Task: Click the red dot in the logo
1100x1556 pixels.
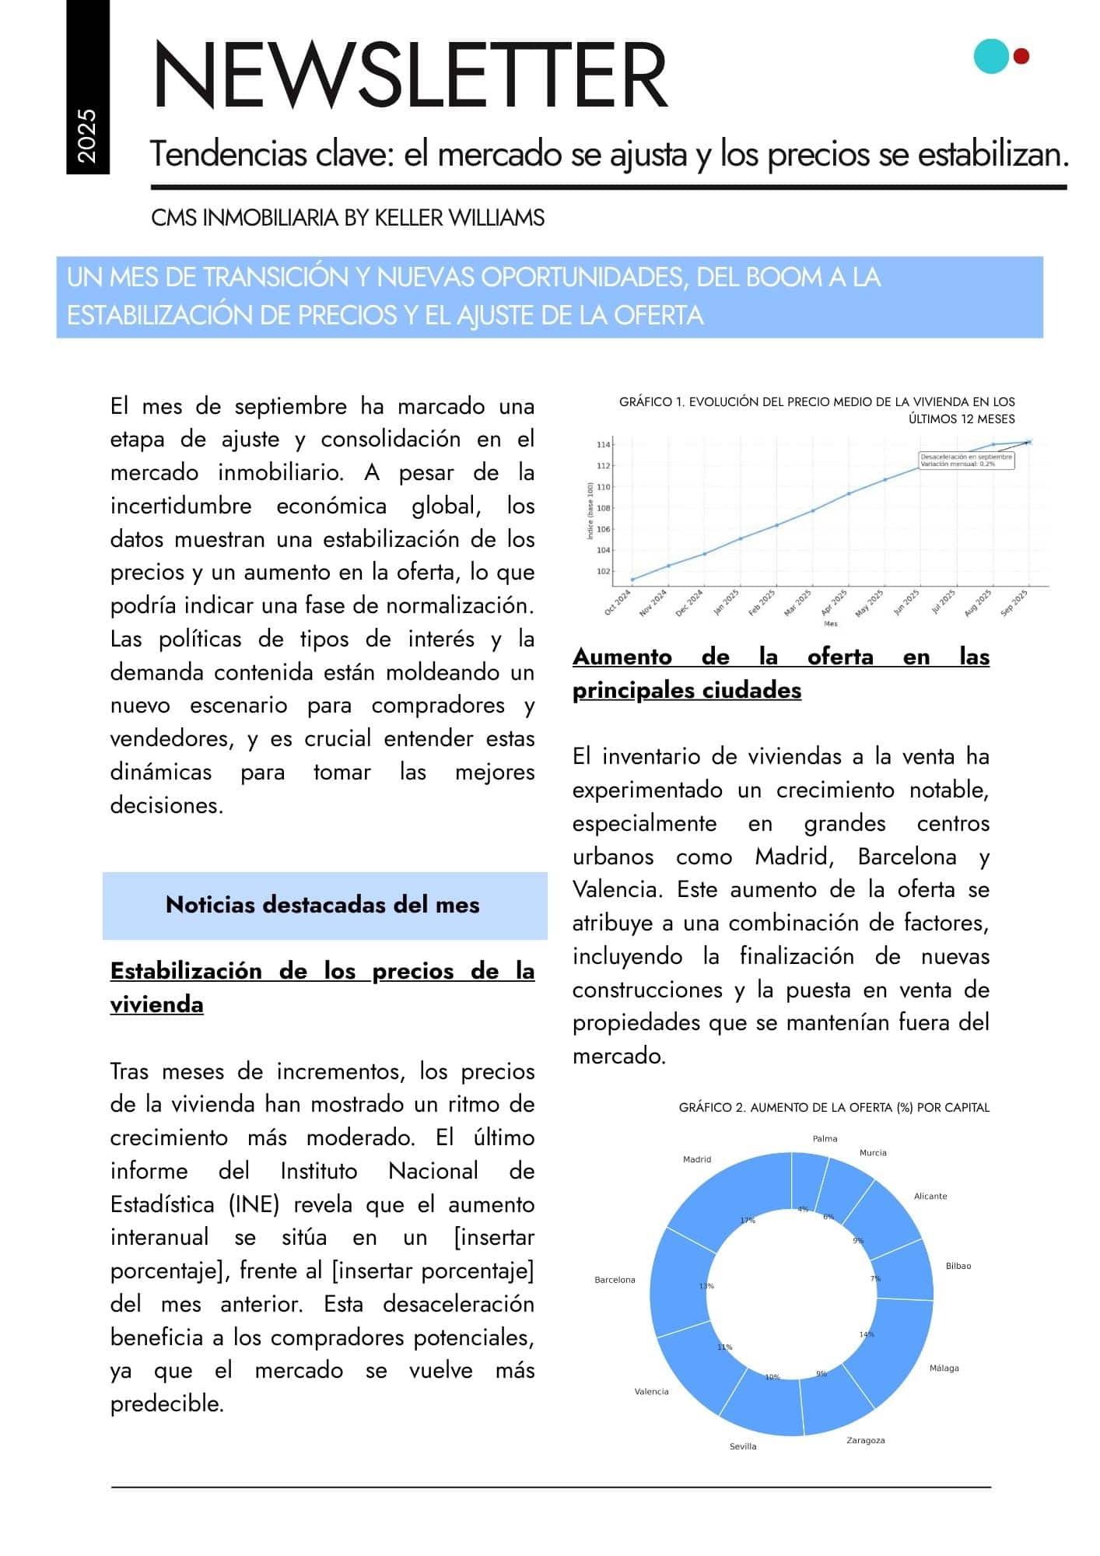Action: pos(1021,56)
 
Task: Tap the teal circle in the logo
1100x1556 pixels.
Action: pos(991,56)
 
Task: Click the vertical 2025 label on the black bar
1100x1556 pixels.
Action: pos(87,136)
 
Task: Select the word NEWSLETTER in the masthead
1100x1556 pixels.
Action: pos(411,75)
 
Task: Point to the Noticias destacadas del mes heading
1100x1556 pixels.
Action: pos(323,905)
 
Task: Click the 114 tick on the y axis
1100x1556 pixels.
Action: pos(603,444)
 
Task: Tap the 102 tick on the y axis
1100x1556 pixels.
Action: pos(603,571)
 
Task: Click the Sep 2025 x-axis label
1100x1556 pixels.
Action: pos(1014,603)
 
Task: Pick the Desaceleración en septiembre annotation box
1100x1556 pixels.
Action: pos(966,460)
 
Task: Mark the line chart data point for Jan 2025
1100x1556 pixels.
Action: pos(740,538)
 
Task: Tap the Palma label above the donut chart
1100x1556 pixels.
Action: pos(825,1138)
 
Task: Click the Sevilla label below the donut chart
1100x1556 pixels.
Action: pos(743,1446)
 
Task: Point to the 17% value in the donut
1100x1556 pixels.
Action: pos(748,1221)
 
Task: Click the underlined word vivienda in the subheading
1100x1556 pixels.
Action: pos(156,1004)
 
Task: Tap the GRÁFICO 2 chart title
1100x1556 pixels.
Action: pos(834,1107)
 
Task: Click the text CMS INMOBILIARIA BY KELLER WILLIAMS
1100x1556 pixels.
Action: pos(348,218)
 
